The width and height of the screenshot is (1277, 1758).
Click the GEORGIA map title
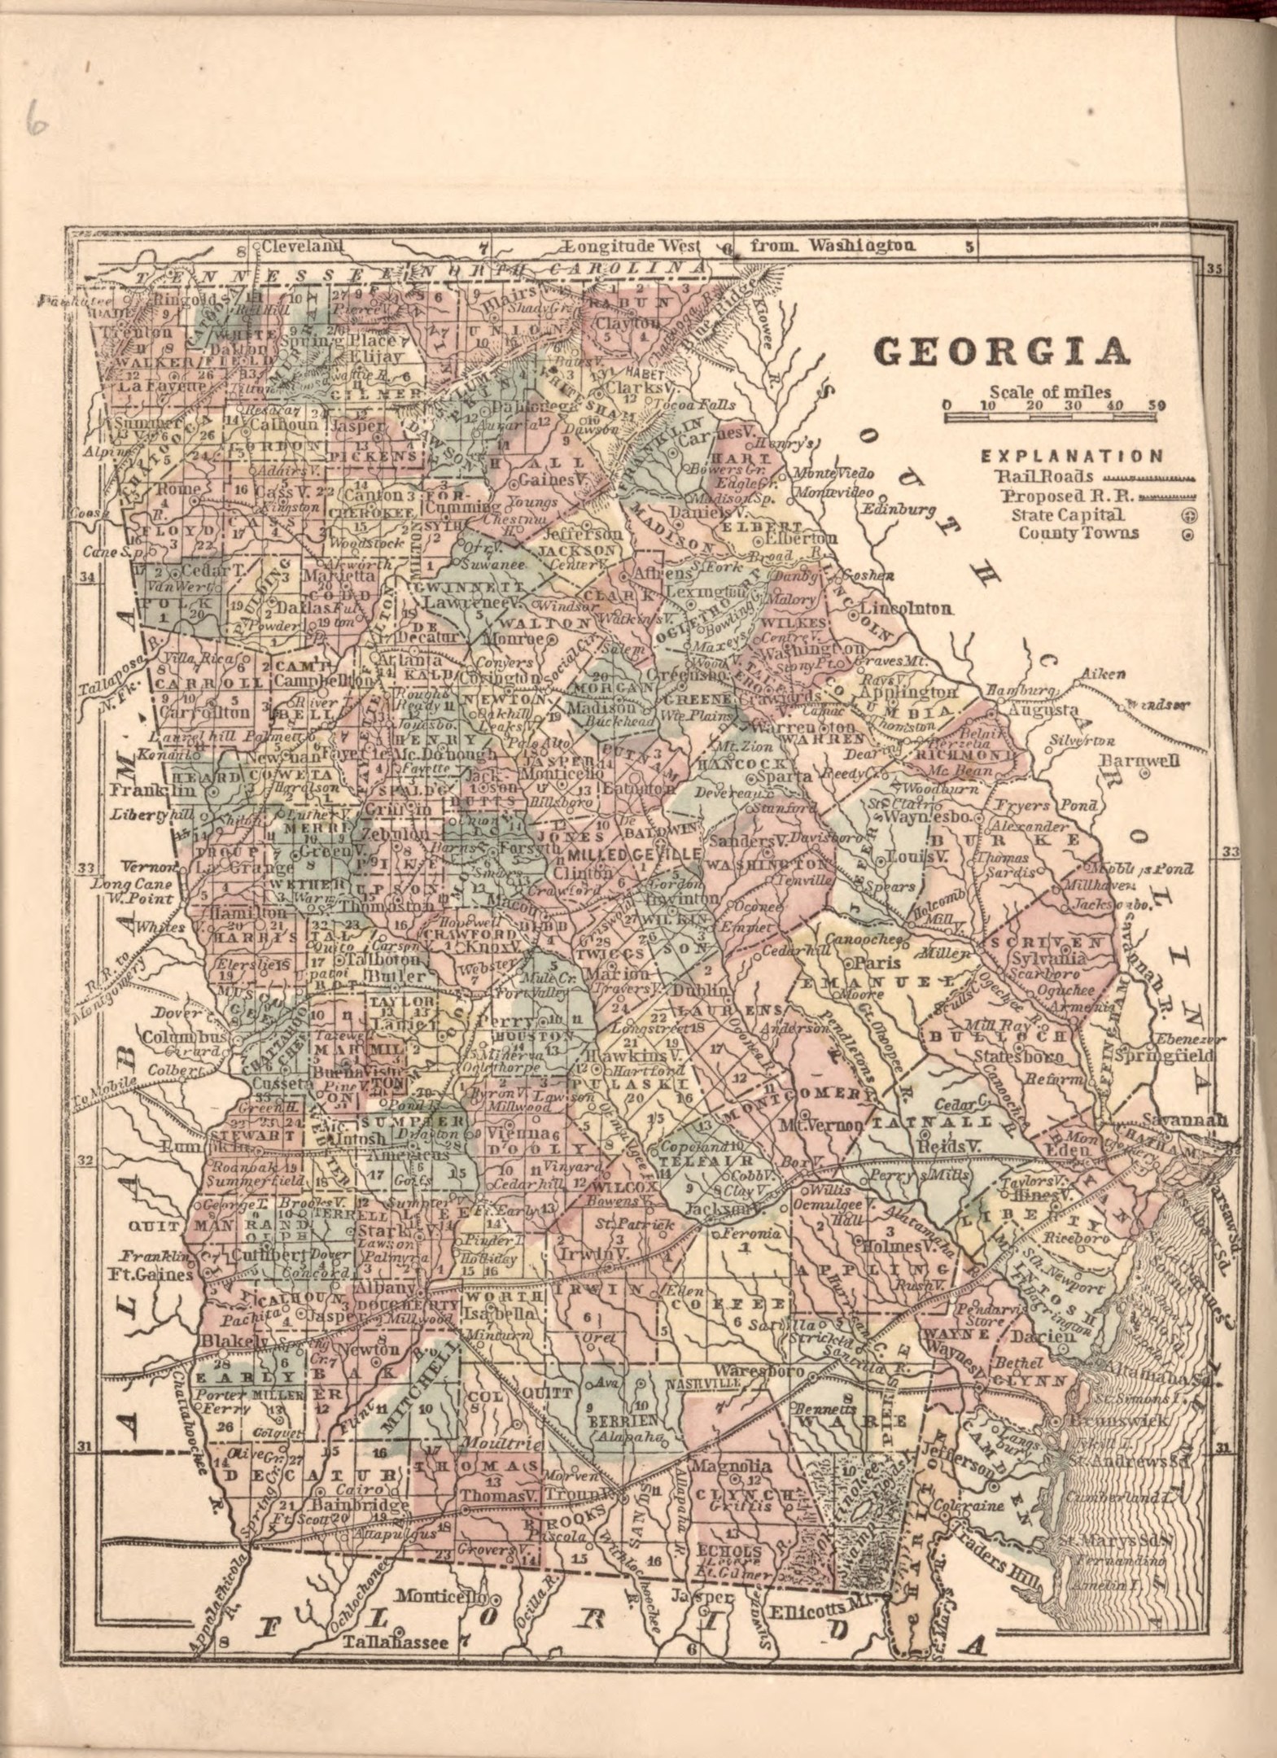[x=1001, y=352]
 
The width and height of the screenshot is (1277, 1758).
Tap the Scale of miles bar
[x=1050, y=417]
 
